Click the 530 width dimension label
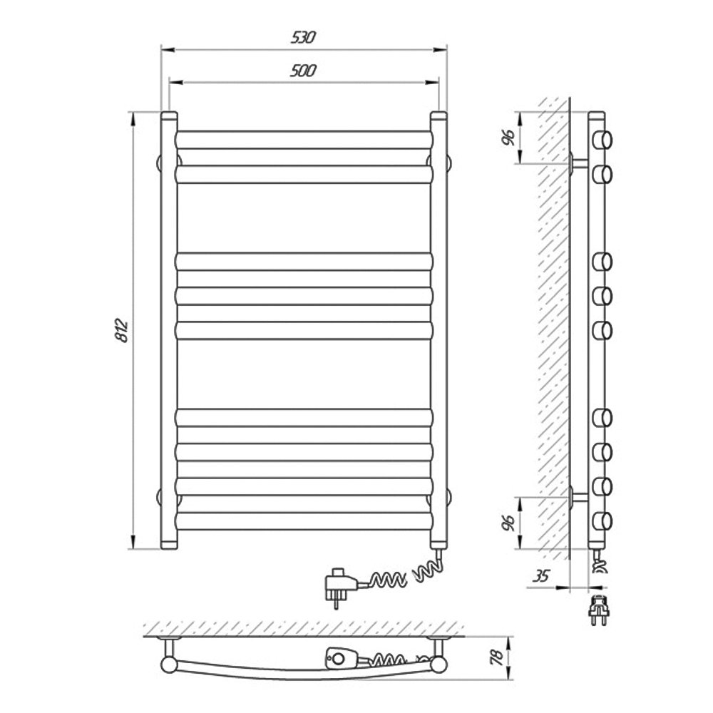pos(303,37)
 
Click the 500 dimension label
pos(303,71)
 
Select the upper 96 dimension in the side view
pos(508,138)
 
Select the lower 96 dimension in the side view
pos(508,523)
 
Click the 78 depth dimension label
pos(498,657)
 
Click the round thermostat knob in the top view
pos(338,657)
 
